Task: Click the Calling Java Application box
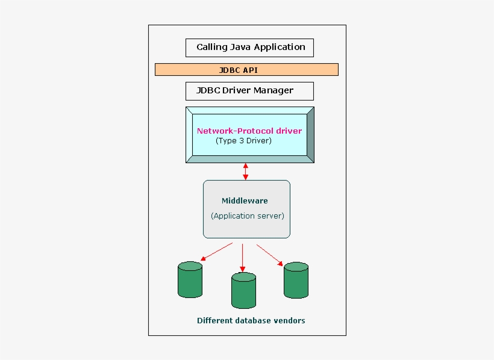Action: point(249,48)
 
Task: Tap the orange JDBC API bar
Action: point(246,70)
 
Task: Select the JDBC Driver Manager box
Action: point(249,91)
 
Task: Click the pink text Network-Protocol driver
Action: point(249,131)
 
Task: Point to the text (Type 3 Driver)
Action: point(243,141)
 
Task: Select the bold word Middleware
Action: point(245,201)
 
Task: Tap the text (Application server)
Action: point(247,216)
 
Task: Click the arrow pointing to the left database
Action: point(216,252)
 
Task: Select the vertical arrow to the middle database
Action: point(242,258)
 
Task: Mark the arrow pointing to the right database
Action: point(270,254)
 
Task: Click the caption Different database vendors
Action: point(251,321)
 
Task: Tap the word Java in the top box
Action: point(240,47)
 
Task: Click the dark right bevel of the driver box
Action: point(310,135)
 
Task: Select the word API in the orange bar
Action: point(250,70)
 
